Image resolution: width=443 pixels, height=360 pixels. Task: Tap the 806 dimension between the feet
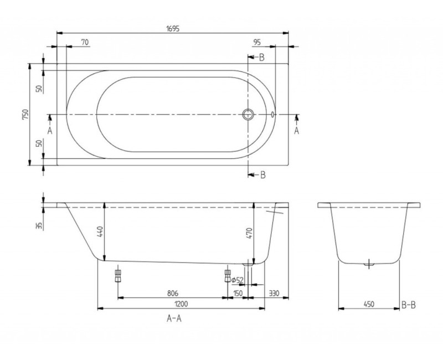coord(172,294)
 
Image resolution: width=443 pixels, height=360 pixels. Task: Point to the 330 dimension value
coord(274,294)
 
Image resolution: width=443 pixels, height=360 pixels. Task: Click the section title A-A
coord(175,320)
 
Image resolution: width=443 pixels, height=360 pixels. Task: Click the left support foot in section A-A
coord(117,275)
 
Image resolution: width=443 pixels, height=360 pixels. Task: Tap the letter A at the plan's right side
coord(296,131)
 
